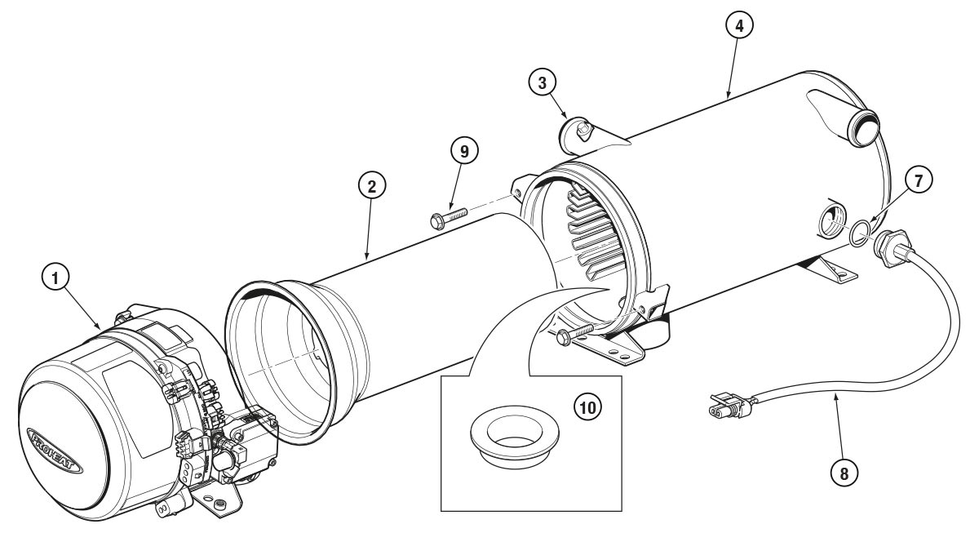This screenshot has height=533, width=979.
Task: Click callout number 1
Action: (55, 279)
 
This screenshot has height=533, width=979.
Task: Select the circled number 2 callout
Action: (370, 186)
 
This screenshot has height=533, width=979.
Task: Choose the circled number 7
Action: (919, 180)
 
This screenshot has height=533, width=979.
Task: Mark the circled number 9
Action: (464, 151)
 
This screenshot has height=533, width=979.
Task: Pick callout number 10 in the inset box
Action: (583, 406)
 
